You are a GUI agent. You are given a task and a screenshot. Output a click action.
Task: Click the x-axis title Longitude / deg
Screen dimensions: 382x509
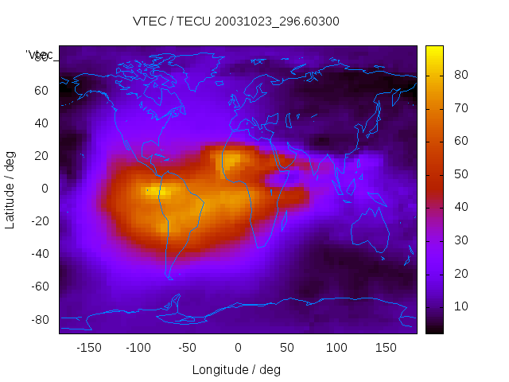point(236,369)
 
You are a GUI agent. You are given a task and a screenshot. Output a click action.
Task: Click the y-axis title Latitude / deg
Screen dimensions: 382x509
point(10,189)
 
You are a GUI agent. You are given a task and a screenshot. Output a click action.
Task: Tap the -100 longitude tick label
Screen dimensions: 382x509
point(138,348)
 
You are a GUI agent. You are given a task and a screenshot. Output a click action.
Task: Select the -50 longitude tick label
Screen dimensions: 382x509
point(188,348)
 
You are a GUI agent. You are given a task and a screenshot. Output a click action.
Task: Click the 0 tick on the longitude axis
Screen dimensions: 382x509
point(238,348)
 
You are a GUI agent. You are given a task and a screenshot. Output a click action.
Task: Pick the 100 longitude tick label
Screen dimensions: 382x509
point(337,348)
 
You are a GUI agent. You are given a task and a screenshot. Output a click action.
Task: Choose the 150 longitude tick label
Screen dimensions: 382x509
point(387,348)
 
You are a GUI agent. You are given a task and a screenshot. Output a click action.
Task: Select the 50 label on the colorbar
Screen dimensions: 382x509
point(460,174)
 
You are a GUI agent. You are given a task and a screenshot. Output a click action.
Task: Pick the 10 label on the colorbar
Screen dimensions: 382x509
point(460,306)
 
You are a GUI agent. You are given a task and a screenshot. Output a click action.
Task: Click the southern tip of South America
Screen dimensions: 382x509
point(169,276)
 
